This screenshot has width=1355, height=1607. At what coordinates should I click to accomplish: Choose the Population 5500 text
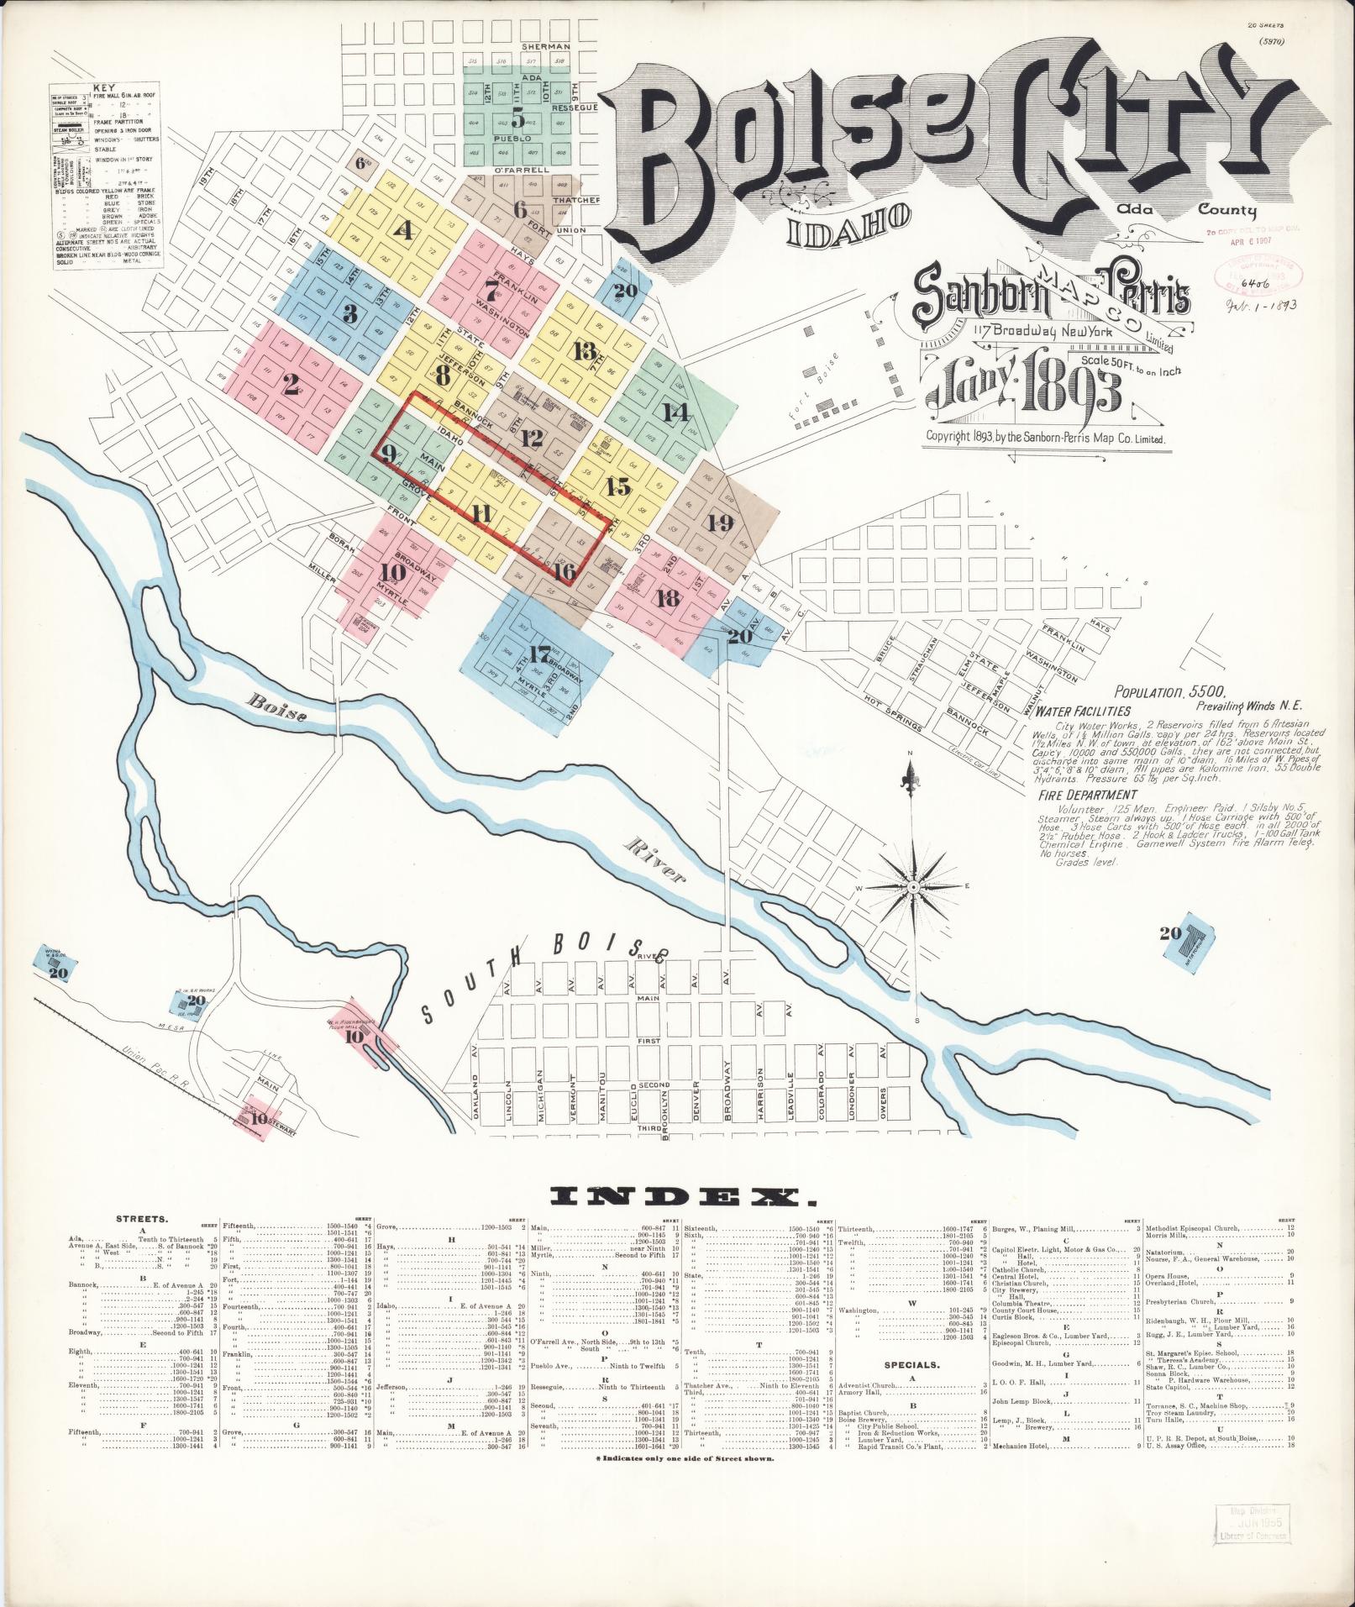pos(1170,694)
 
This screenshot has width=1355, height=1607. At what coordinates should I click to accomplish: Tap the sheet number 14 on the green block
pos(675,412)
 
